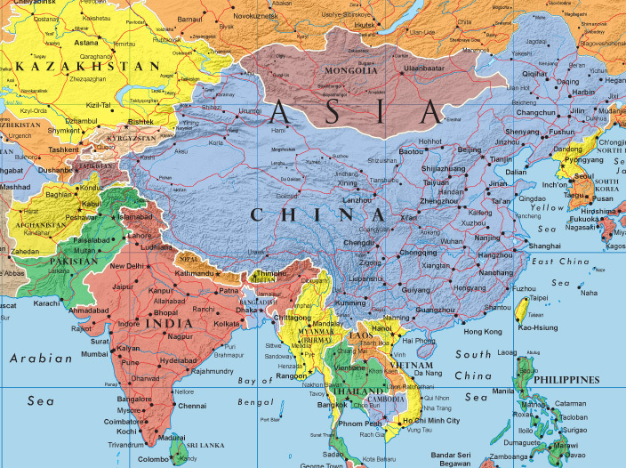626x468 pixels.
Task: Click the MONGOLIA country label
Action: [351, 70]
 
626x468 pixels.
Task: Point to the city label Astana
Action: [87, 43]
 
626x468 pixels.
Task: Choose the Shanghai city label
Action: [543, 246]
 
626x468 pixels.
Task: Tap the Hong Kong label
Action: [483, 332]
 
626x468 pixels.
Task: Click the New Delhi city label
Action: [126, 266]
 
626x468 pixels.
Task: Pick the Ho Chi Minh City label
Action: [431, 420]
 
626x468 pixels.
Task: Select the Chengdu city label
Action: [358, 242]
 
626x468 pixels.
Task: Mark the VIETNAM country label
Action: [411, 365]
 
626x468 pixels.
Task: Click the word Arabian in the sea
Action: [41, 359]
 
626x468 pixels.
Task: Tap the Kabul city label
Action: [92, 203]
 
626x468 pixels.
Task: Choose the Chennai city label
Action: [191, 406]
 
